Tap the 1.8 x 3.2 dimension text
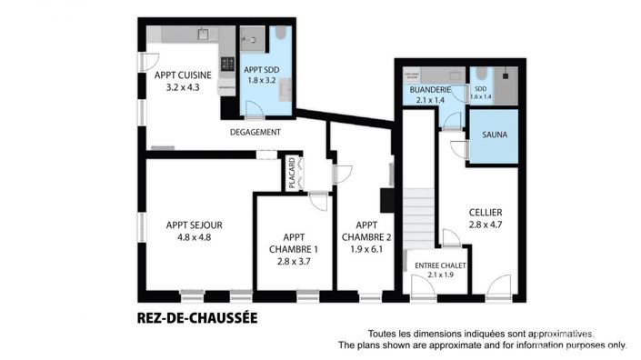[x=265, y=80]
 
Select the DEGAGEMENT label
[x=255, y=133]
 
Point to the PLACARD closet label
[x=291, y=173]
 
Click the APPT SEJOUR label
[x=194, y=225]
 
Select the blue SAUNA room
[x=494, y=136]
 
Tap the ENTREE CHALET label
[x=440, y=265]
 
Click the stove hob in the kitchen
[x=228, y=64]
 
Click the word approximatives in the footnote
[x=559, y=334]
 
